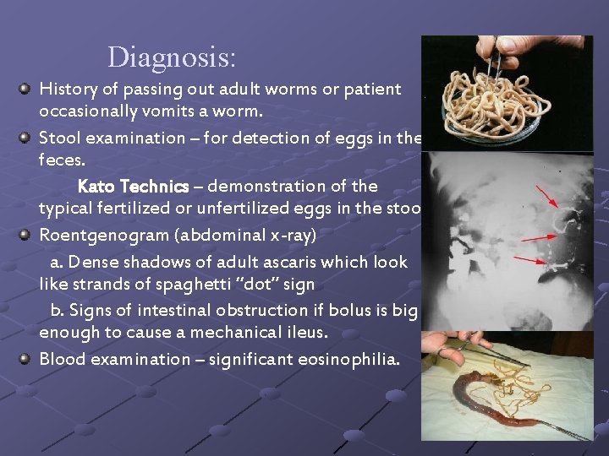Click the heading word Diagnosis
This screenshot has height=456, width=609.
pyautogui.click(x=172, y=57)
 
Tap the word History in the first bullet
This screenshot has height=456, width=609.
pyautogui.click(x=68, y=89)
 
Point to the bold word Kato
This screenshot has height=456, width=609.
pyautogui.click(x=97, y=185)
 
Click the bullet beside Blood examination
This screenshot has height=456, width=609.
pyautogui.click(x=27, y=358)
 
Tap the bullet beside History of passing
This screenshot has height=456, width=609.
pyautogui.click(x=27, y=88)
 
